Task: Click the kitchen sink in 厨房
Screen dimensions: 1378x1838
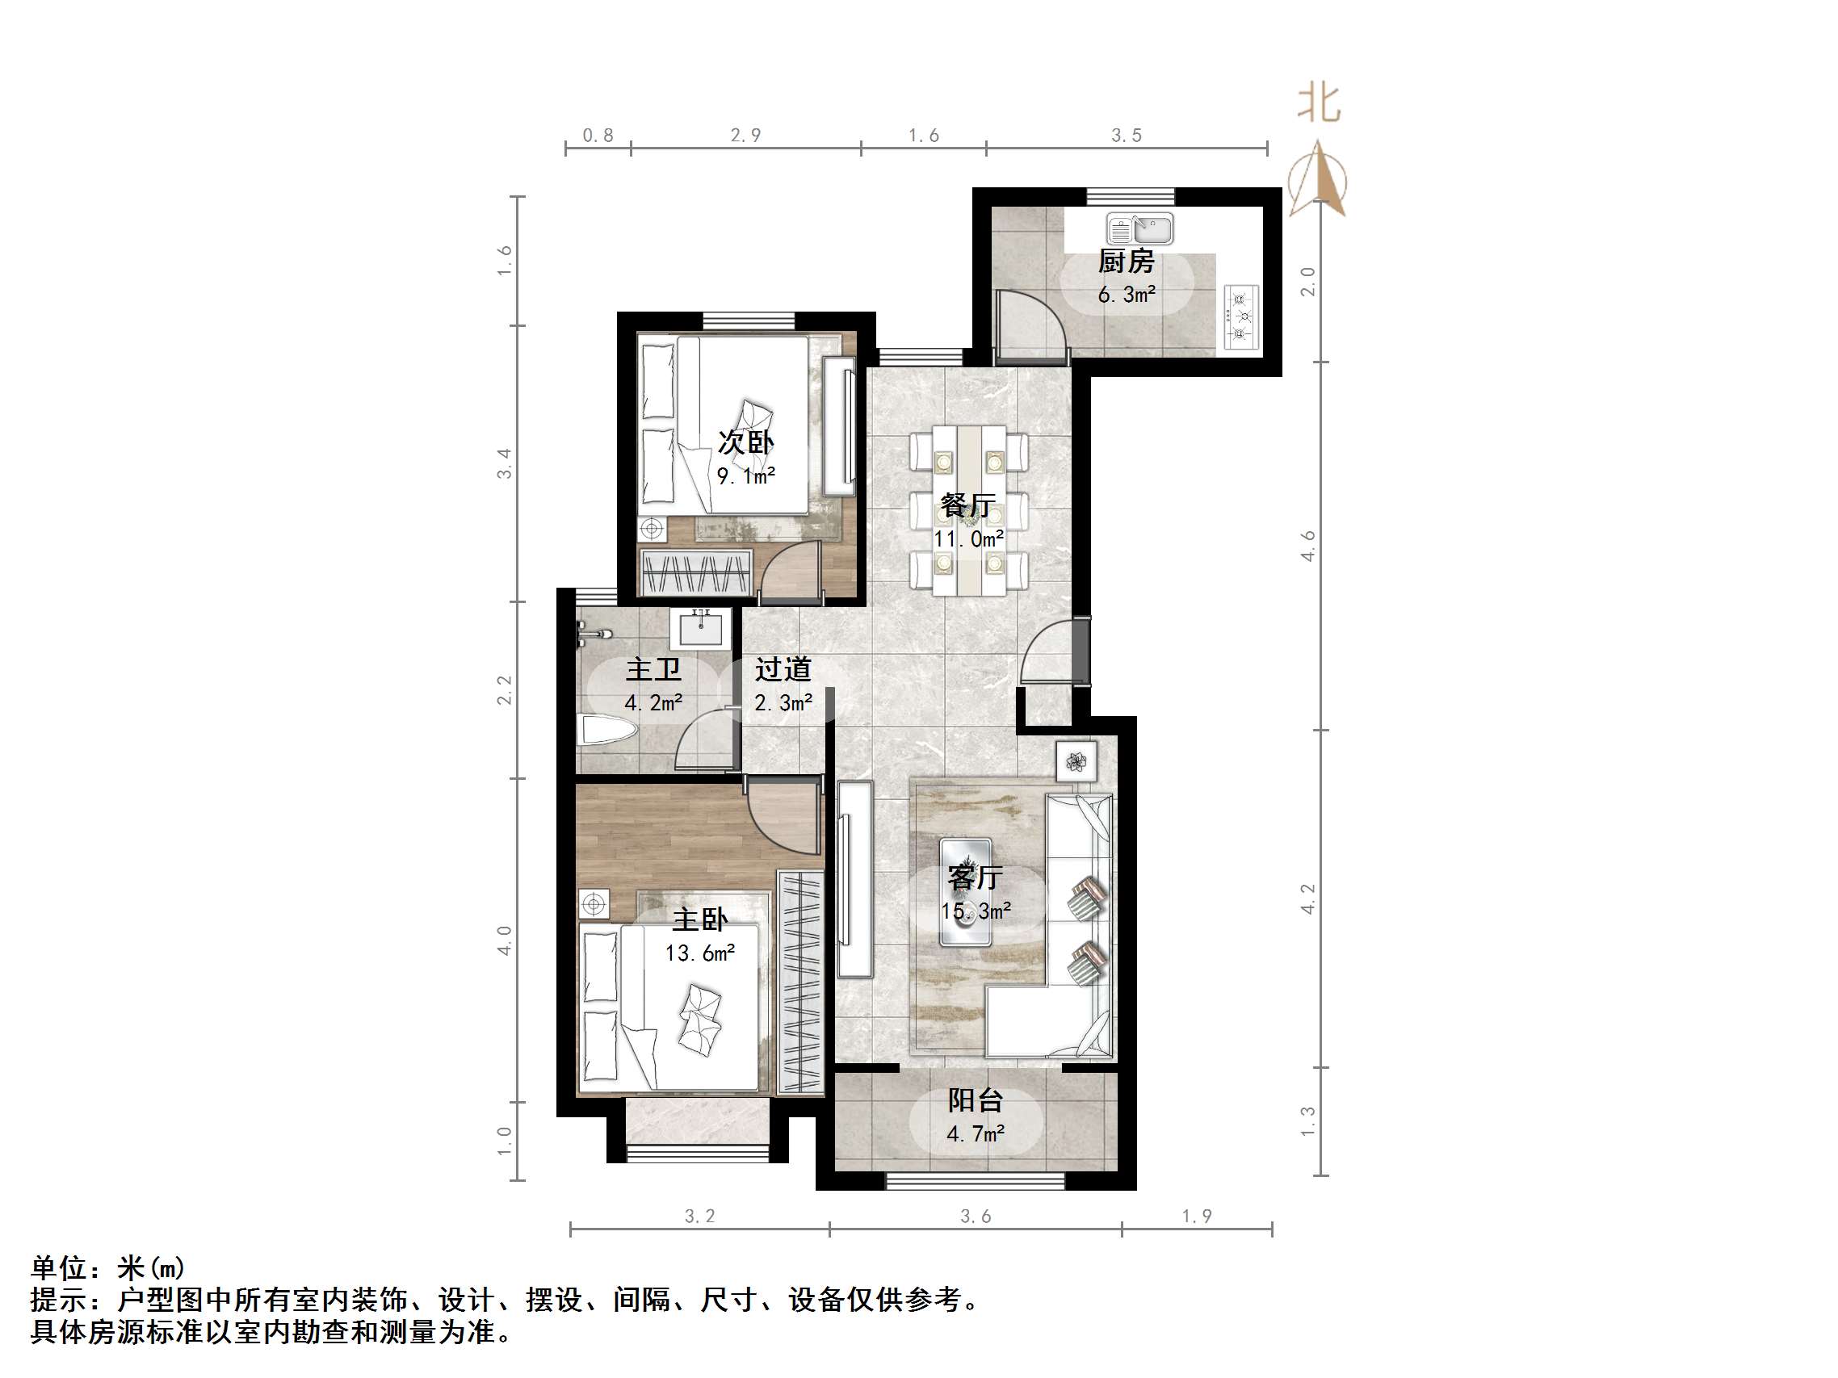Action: point(1139,228)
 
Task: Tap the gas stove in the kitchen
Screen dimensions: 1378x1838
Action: point(1241,316)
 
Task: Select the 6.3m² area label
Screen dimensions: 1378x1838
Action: point(1127,295)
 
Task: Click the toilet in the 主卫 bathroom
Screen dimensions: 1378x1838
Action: point(607,730)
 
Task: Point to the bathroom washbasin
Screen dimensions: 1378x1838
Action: point(705,629)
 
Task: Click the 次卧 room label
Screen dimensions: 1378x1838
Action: point(745,442)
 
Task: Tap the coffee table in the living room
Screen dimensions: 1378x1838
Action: point(965,892)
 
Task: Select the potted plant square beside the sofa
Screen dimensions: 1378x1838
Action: point(1076,761)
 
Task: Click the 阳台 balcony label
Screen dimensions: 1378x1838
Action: point(976,1100)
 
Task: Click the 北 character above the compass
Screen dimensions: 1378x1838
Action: point(1319,104)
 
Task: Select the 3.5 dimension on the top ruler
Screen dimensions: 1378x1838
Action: point(1127,136)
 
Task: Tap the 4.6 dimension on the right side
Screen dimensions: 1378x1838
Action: point(1309,546)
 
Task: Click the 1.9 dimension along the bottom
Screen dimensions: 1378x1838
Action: point(1197,1216)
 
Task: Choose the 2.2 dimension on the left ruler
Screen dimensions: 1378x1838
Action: point(505,689)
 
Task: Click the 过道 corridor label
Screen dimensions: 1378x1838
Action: point(783,668)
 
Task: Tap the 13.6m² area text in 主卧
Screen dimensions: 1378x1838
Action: point(699,953)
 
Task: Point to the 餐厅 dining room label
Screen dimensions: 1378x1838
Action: point(968,505)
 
